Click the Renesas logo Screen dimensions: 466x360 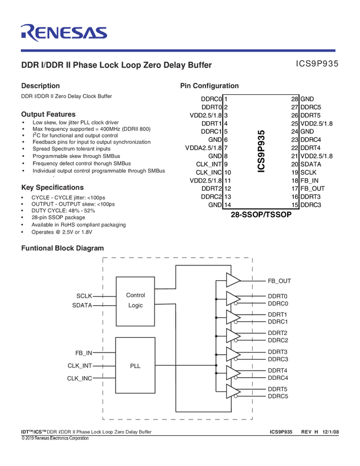click(x=64, y=32)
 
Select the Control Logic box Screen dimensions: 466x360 click(x=135, y=300)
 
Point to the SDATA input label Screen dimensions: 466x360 click(x=82, y=305)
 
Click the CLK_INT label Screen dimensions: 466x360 click(x=80, y=365)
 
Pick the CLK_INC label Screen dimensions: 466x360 click(x=80, y=378)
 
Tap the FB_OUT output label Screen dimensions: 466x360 click(x=279, y=281)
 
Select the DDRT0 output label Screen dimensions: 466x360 click(x=278, y=296)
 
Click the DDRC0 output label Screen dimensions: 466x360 click(x=278, y=303)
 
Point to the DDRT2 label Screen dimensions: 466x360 click(x=278, y=333)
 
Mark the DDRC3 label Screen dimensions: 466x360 click(x=278, y=359)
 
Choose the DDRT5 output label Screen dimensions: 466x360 click(x=278, y=389)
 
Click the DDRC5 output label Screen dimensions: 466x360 click(x=278, y=396)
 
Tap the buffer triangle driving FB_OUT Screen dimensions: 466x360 click(x=233, y=281)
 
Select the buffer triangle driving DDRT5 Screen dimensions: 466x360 click(x=233, y=391)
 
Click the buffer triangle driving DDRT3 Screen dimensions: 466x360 click(x=233, y=355)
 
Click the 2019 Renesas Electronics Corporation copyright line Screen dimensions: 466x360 click(x=55, y=438)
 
